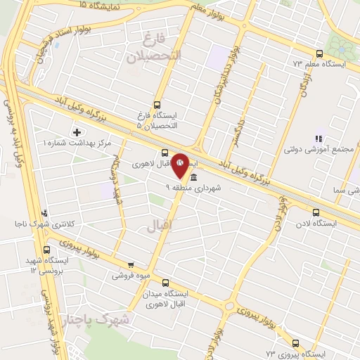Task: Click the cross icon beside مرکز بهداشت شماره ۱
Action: tap(77, 132)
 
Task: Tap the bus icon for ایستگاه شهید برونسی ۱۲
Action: tap(47, 250)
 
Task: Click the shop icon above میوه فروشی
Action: tap(130, 265)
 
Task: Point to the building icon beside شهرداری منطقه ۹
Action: tap(193, 177)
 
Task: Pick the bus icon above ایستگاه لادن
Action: tap(315, 211)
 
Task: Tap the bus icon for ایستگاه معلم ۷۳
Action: tap(320, 53)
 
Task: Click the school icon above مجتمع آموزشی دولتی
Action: tap(318, 139)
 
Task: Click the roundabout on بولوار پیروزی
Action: tap(231, 305)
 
